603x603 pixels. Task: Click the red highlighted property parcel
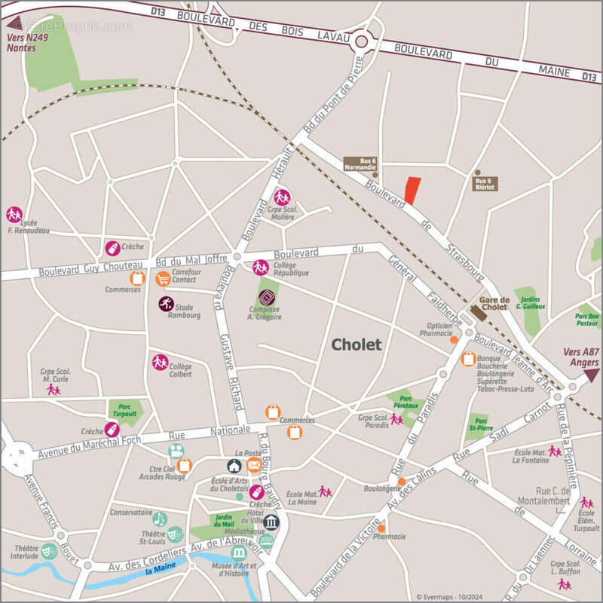pos(412,191)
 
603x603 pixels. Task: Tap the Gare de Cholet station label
pos(495,302)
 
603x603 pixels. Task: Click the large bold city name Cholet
pos(357,344)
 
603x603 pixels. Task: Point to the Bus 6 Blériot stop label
pos(484,183)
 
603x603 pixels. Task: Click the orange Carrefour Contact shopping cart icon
pos(162,279)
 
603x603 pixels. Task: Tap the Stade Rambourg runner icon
pos(165,303)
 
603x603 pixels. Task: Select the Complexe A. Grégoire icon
pos(265,296)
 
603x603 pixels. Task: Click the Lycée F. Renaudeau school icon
pos(14,214)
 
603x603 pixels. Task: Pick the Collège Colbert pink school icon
pos(160,362)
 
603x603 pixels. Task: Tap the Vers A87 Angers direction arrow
pos(592,374)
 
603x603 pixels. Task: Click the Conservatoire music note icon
pos(159,519)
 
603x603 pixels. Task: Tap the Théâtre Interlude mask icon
pos(48,550)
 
